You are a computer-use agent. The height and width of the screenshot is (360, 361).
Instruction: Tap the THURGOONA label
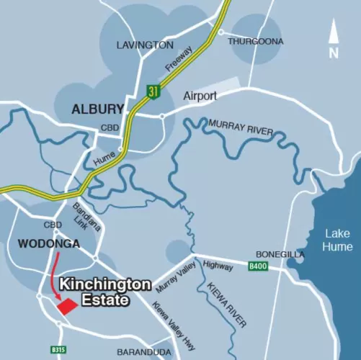255,41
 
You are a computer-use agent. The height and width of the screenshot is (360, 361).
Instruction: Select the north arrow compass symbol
332,40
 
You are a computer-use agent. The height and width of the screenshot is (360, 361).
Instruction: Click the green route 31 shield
152,91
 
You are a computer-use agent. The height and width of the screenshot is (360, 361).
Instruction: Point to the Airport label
200,95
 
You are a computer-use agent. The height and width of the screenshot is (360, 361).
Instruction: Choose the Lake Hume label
338,240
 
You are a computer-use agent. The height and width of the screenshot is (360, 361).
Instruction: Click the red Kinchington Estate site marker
66,306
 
